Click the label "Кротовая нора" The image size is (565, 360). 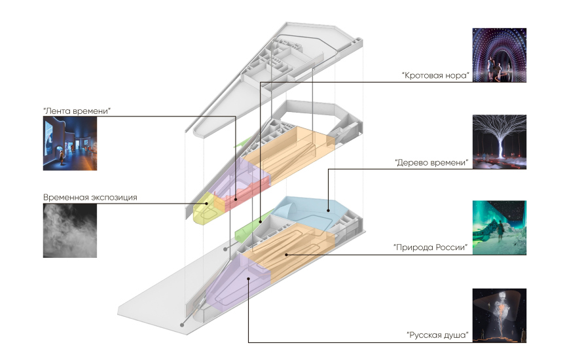point(436,75)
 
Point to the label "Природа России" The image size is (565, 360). point(433,247)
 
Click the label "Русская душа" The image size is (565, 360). point(438,335)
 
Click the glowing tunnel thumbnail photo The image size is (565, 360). point(499,56)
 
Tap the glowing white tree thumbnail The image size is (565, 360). point(499,141)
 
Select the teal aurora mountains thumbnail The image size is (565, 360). point(499,227)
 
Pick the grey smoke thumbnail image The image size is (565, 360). point(70,230)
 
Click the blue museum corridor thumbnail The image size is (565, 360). point(70,144)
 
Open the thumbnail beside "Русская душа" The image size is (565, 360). point(499,315)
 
